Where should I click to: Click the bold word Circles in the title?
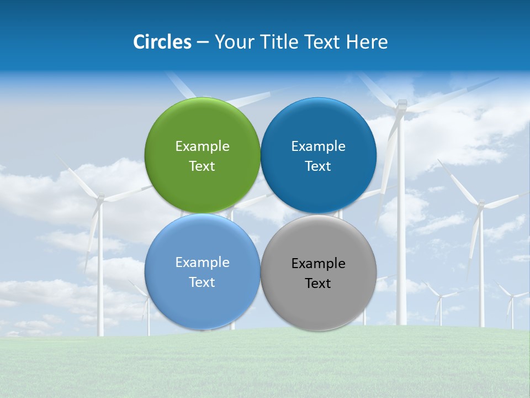pos(162,42)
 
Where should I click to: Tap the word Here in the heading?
pos(367,42)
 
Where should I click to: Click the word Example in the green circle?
pos(202,146)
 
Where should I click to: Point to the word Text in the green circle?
pos(202,166)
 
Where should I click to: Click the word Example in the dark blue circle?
pos(318,146)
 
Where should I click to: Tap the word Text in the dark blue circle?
pos(318,166)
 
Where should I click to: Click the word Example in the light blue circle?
pos(202,263)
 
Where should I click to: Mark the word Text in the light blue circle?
pos(202,282)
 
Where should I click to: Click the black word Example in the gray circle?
pos(318,264)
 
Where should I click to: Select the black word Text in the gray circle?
pos(318,284)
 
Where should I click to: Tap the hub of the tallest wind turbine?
pos(401,105)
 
